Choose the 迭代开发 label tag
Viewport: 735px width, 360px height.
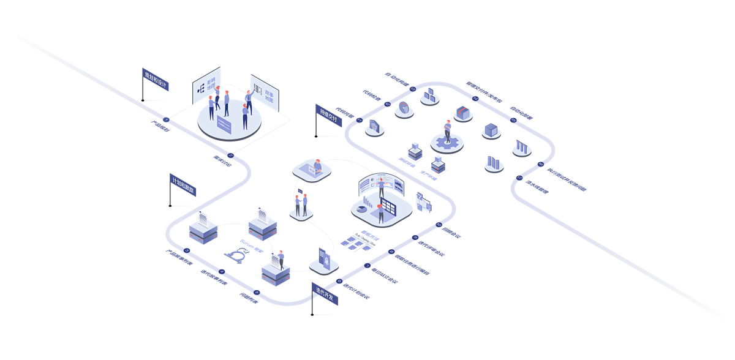click(x=325, y=293)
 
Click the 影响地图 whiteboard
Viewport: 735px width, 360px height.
click(x=206, y=85)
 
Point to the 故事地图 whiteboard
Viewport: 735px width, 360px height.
click(x=265, y=92)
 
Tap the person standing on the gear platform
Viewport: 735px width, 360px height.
click(x=448, y=130)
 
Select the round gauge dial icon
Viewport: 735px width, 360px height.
click(x=403, y=108)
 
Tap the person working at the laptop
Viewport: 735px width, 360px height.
click(x=317, y=165)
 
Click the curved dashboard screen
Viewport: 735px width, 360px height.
click(x=381, y=184)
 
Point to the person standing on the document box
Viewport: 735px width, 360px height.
click(x=281, y=259)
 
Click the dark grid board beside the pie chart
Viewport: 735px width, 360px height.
click(x=390, y=208)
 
